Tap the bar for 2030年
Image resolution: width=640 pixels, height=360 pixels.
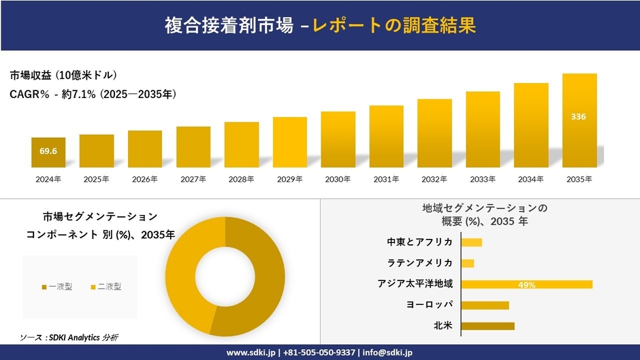(x=338, y=140)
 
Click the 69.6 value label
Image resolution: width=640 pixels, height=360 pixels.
(x=48, y=150)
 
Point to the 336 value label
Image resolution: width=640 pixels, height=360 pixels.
(x=578, y=116)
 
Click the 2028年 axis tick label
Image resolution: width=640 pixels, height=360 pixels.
(x=241, y=179)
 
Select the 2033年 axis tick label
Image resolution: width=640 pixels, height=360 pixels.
(x=483, y=179)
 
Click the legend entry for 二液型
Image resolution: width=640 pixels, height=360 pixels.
(x=106, y=287)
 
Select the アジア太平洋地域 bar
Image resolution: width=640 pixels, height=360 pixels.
(x=526, y=284)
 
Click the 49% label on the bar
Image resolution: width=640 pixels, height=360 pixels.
(x=526, y=284)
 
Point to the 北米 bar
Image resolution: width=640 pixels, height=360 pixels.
(x=487, y=326)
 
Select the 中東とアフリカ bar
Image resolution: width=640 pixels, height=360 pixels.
(x=471, y=242)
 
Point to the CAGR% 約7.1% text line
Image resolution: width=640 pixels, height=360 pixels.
(x=93, y=95)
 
